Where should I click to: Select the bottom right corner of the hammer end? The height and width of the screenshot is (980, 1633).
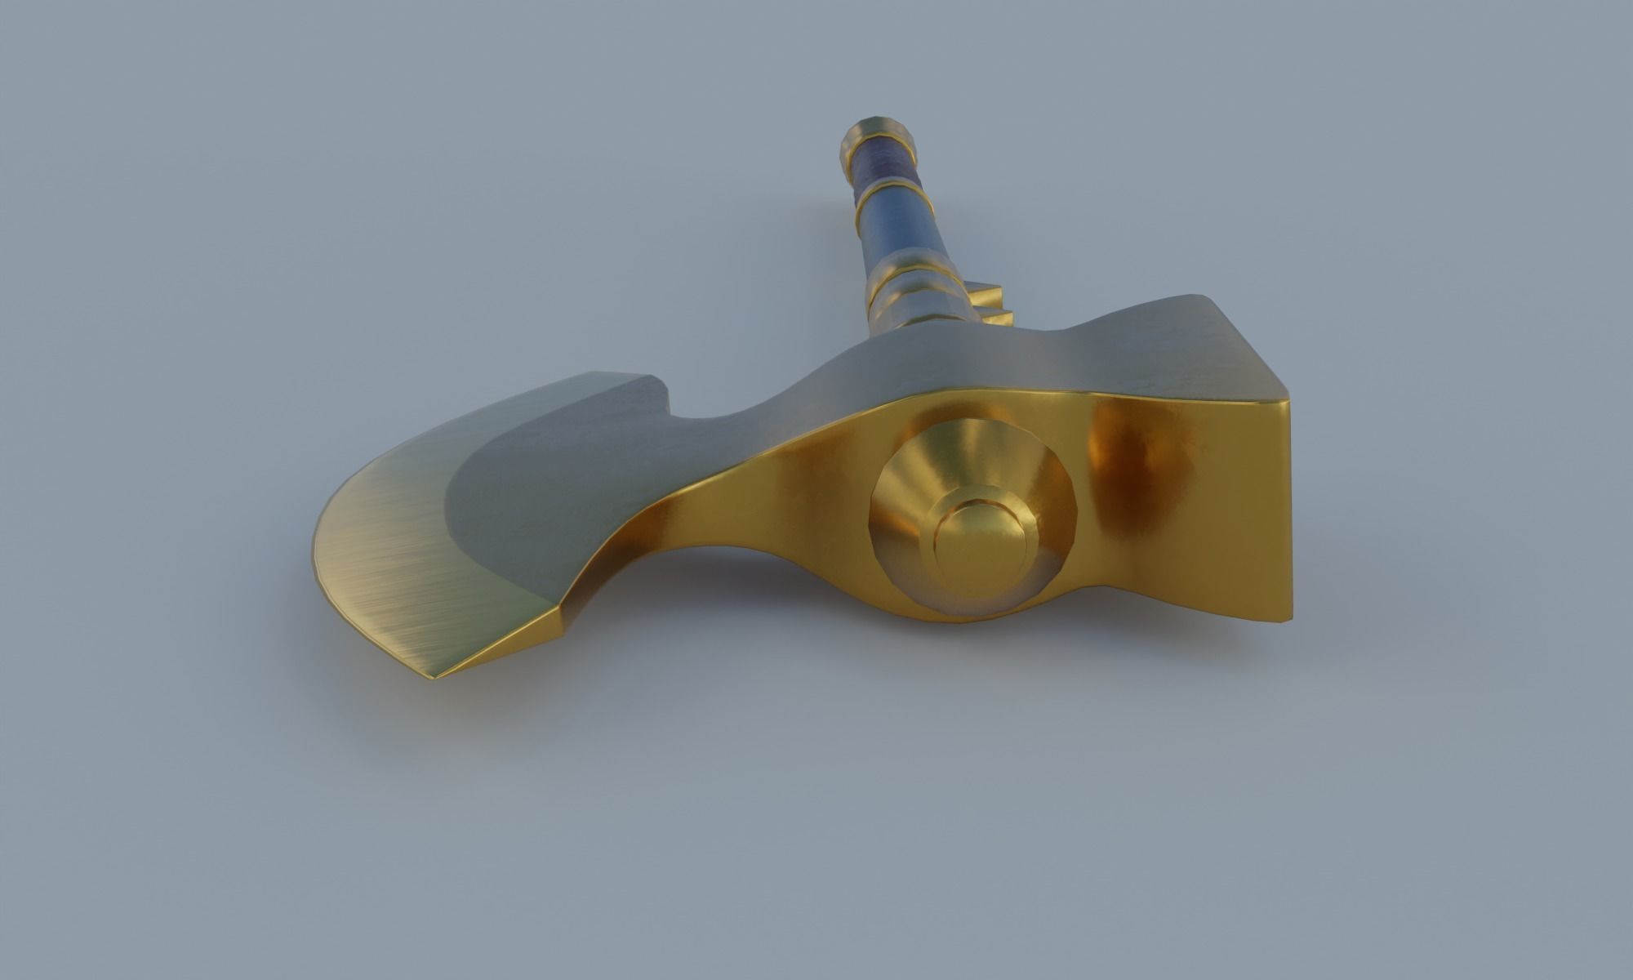1290,621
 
